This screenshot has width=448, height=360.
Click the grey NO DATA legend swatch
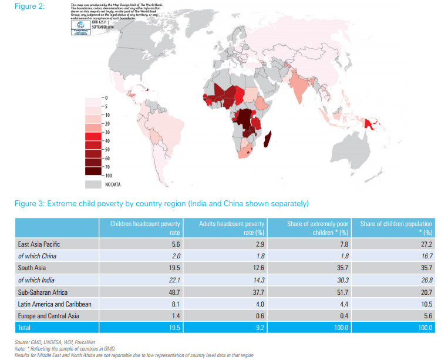(93, 184)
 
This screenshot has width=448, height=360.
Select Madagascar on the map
(269, 141)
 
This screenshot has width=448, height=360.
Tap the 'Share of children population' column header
(396, 227)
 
